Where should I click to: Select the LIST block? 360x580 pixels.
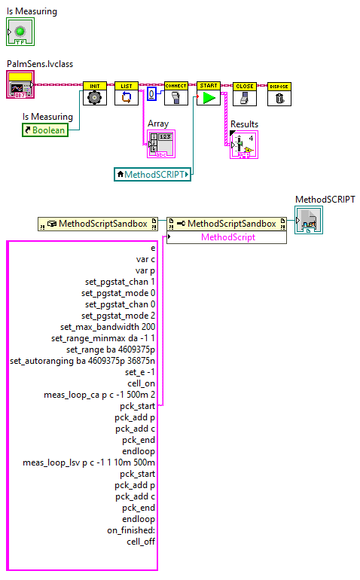126,94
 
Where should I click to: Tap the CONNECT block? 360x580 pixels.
175,94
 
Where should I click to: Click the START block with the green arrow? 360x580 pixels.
209,94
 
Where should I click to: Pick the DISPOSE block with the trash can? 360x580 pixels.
279,94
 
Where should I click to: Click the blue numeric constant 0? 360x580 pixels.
151,94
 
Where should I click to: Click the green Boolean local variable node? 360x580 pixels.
44,130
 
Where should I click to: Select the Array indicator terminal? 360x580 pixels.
160,143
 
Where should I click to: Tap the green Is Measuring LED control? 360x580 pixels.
20,32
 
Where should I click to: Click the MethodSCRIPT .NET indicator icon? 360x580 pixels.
310,223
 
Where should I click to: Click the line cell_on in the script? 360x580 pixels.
141,383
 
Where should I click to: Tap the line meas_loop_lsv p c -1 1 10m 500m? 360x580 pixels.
90,462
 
